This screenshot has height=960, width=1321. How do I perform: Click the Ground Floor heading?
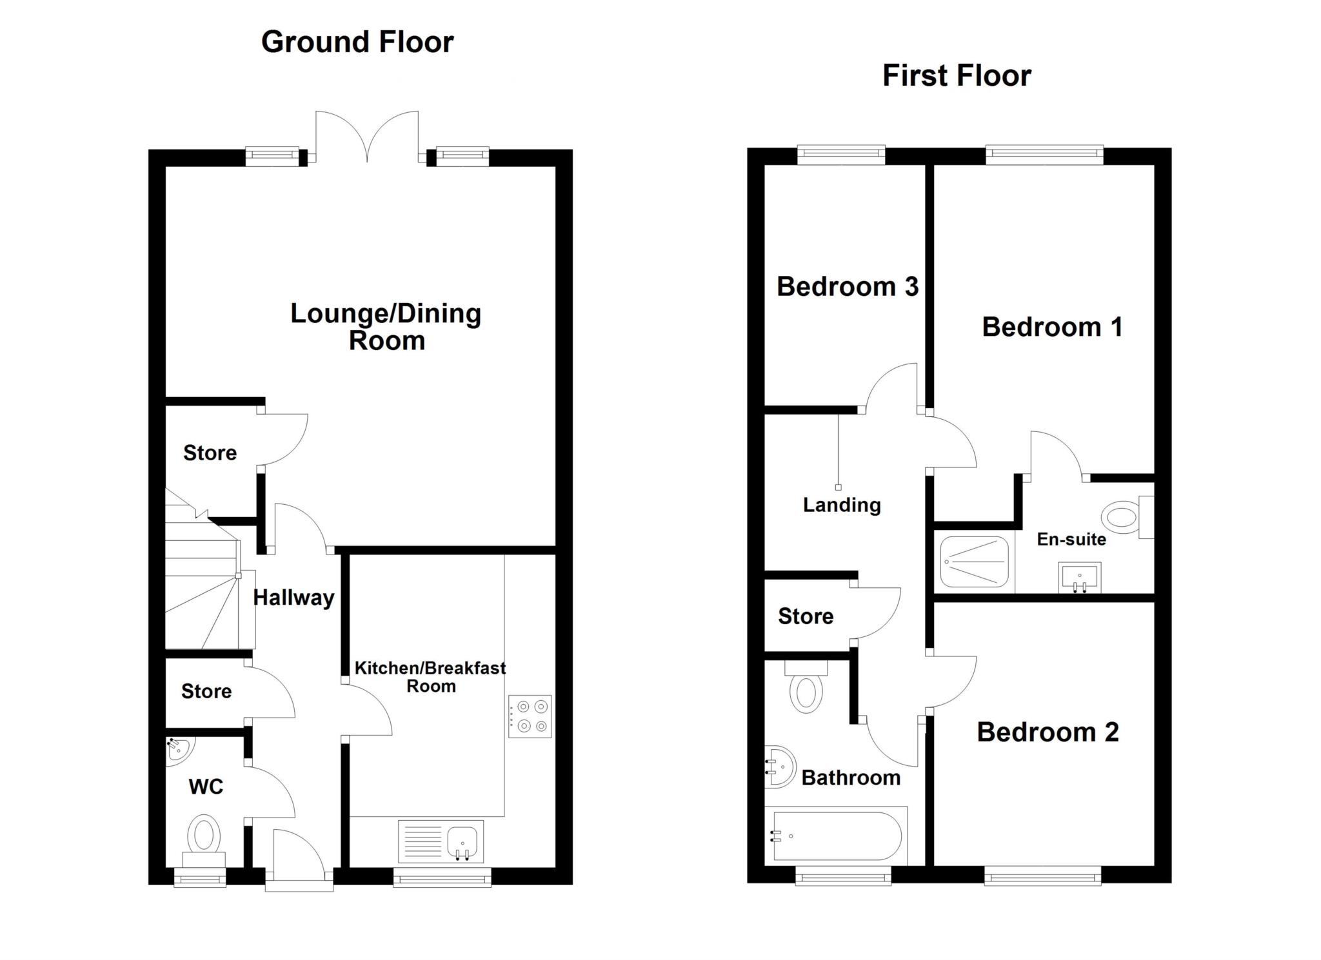(357, 43)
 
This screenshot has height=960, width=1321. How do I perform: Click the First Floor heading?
(957, 76)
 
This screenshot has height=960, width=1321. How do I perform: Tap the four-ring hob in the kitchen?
(530, 716)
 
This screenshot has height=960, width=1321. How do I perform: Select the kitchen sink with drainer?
(441, 841)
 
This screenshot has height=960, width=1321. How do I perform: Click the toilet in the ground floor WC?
(204, 841)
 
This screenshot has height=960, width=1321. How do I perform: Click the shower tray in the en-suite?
(974, 561)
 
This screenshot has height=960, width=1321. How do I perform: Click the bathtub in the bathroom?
(836, 836)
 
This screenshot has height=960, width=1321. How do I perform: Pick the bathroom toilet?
(806, 687)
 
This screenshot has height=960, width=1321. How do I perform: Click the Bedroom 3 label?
(848, 287)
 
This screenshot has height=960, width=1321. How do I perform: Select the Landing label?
(842, 505)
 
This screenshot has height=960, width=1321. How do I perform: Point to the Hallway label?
(293, 598)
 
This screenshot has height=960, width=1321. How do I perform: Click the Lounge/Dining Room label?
(386, 327)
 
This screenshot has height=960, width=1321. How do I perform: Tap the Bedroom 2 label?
(1048, 732)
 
